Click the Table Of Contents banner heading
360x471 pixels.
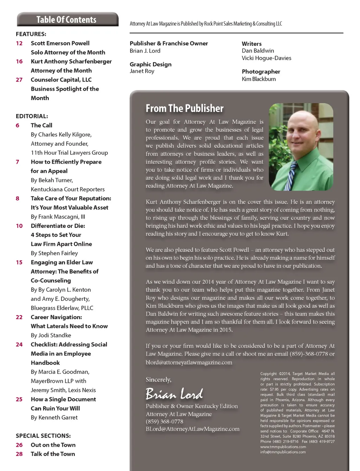66,20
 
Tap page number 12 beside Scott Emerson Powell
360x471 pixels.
19,43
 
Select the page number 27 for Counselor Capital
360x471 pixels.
19,80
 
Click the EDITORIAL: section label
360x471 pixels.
32,116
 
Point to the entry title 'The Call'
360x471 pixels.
41,125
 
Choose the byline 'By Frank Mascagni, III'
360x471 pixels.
58,217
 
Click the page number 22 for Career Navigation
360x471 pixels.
19,317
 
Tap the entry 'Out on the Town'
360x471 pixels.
53,445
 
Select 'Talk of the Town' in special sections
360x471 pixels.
53,454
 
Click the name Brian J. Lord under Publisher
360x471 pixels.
145,51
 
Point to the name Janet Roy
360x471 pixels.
142,71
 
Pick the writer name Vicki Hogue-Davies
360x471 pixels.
266,58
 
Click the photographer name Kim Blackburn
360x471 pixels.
259,79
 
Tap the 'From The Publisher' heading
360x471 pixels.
185,108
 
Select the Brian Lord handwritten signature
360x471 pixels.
174,394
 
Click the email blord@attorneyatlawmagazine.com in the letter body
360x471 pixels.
189,362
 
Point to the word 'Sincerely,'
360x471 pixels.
159,380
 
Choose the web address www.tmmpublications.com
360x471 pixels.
283,447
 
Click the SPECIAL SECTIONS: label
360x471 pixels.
43,436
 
